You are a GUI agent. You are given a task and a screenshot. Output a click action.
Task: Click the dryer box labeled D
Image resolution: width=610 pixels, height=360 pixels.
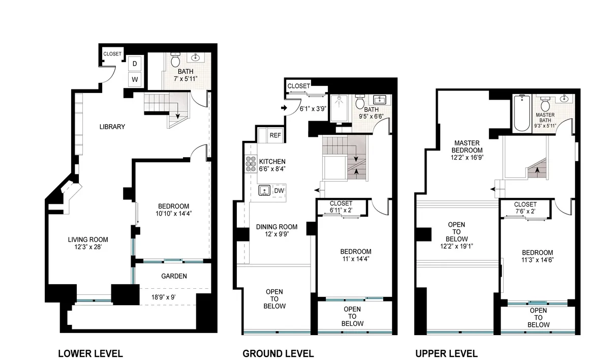(135, 64)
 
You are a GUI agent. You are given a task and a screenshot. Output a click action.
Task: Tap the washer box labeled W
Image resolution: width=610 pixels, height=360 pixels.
(135, 79)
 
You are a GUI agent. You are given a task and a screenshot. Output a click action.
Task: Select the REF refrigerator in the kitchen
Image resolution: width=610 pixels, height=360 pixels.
(275, 135)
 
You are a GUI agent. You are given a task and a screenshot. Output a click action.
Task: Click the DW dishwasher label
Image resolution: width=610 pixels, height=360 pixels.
(278, 191)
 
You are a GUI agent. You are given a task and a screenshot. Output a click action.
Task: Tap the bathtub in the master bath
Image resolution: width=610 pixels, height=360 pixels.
(522, 112)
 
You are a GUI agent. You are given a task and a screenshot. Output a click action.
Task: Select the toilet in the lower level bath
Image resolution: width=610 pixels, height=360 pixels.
(175, 61)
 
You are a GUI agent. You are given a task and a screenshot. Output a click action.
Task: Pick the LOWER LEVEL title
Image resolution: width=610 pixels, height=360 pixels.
(90, 353)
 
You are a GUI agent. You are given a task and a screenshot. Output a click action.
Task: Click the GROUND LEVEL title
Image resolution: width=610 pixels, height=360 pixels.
(278, 353)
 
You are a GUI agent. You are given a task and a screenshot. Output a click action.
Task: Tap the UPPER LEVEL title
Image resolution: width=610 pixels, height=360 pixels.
(446, 353)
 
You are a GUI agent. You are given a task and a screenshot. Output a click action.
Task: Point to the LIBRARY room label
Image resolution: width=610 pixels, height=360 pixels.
(112, 127)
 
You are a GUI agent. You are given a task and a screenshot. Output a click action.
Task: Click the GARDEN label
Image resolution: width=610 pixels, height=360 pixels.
(174, 276)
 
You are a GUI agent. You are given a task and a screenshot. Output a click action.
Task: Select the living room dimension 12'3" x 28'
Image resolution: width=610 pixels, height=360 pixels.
(88, 248)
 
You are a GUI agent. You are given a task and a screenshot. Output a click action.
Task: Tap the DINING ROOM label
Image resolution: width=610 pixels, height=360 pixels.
(277, 227)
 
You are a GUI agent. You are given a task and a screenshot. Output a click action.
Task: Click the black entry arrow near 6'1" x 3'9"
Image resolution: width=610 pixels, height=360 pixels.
(284, 108)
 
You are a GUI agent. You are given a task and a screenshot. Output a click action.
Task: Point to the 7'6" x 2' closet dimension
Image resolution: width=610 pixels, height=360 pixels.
(525, 211)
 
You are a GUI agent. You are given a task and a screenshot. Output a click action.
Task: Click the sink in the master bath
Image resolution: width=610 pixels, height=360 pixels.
(565, 100)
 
